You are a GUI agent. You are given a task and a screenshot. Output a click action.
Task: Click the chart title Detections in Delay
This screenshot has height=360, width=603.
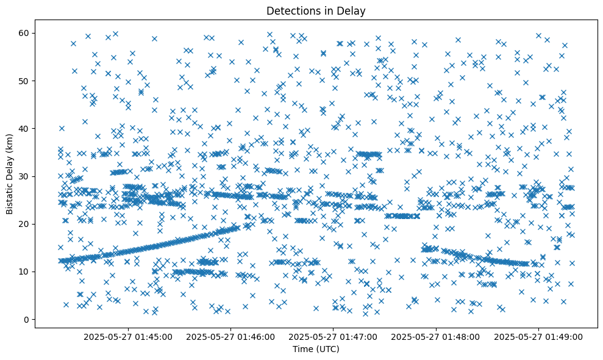(x=316, y=10)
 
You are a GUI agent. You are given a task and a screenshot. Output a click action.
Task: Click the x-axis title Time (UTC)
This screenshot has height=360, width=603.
(x=316, y=350)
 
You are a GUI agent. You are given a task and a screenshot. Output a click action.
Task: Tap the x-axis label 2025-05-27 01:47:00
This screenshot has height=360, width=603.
(x=334, y=336)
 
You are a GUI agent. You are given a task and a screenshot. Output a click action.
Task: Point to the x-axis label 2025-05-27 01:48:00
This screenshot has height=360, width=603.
(x=437, y=336)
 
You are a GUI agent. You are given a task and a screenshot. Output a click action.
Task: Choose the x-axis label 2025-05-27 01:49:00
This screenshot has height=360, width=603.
(x=539, y=336)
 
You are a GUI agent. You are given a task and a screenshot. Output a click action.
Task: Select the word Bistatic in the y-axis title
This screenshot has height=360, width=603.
(x=9, y=198)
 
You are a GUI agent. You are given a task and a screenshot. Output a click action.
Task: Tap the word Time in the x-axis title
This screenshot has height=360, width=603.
(x=303, y=350)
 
